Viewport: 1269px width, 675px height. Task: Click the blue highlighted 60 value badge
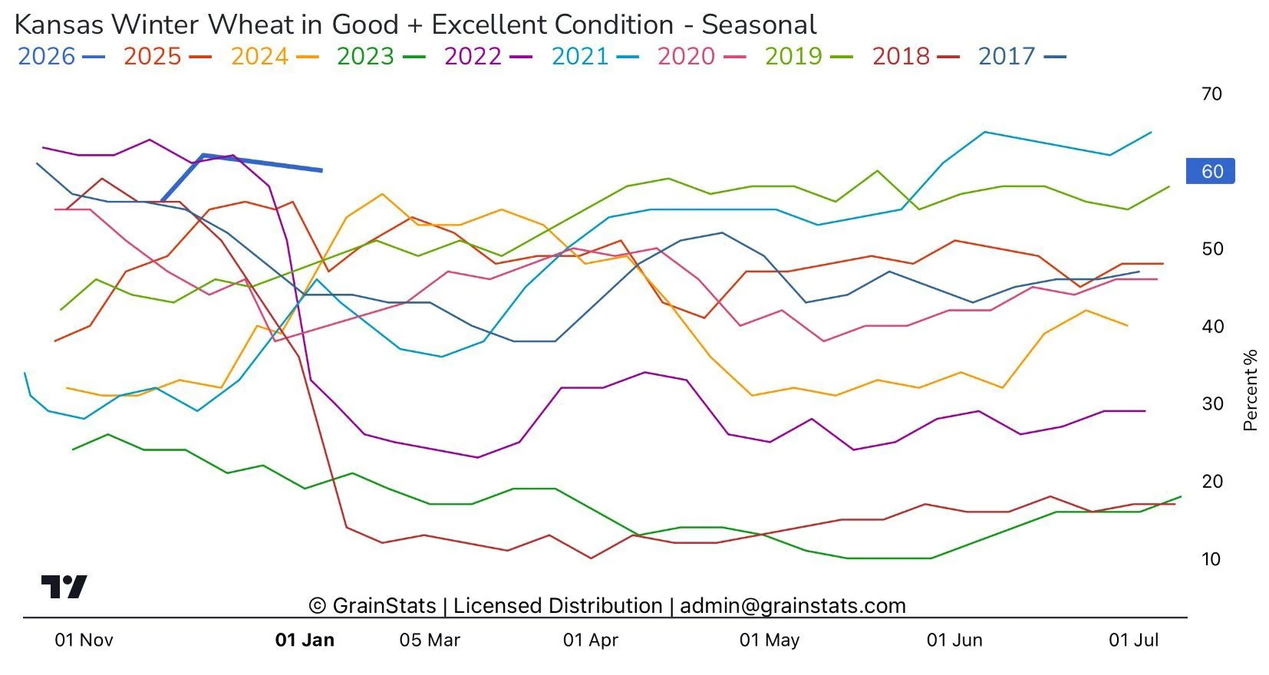pos(1211,171)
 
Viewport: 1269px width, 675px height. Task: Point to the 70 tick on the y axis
pos(1211,94)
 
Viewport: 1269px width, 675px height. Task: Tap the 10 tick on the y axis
pos(1211,559)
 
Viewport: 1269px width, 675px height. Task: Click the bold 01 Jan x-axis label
pos(305,640)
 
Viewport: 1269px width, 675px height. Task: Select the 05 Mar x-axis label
pos(430,640)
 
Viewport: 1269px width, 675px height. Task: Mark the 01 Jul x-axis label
pos(1133,640)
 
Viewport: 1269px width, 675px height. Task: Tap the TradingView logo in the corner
pos(64,587)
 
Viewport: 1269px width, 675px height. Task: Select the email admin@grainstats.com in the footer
pos(793,606)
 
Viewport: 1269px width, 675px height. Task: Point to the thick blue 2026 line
pos(261,163)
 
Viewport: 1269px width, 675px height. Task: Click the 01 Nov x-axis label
pos(84,640)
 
